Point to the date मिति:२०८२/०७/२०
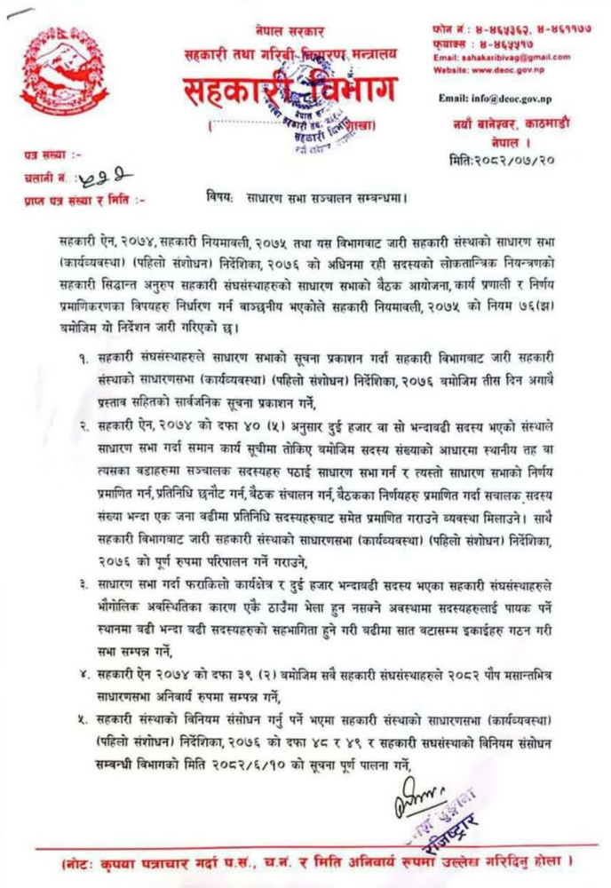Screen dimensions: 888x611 (x=502, y=159)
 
